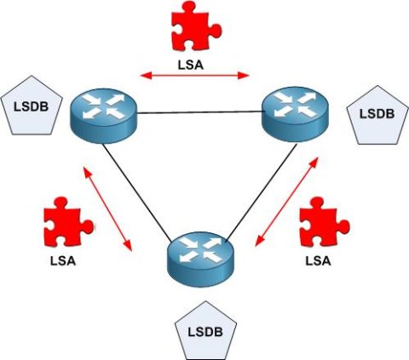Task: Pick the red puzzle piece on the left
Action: point(61,222)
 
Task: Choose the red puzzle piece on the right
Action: point(323,222)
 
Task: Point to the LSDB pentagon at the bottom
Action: point(204,330)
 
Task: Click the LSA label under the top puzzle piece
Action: point(195,63)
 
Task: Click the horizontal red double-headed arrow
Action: point(195,77)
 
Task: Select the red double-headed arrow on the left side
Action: point(108,209)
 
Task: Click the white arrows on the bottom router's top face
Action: point(198,249)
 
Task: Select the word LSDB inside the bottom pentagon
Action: point(204,332)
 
